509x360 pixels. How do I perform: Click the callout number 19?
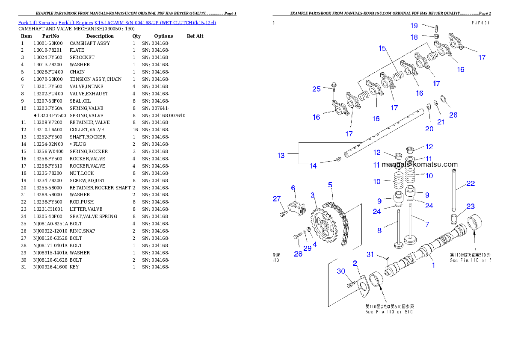point(414,26)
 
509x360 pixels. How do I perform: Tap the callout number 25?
point(317,89)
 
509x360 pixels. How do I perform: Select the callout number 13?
point(281,156)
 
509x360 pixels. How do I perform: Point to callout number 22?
point(471,183)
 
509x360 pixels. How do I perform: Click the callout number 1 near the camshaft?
point(433,265)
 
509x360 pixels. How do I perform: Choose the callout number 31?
point(370,254)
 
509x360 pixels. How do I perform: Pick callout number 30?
point(341,271)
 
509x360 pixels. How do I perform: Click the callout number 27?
point(277,198)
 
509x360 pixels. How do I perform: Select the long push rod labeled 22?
point(454,191)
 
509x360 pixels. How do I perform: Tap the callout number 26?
point(453,115)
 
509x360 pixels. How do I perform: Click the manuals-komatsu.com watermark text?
point(420,164)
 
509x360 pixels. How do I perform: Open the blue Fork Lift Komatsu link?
point(117,22)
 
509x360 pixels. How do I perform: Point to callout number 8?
point(379,230)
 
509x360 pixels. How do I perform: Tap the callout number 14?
point(313,166)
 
